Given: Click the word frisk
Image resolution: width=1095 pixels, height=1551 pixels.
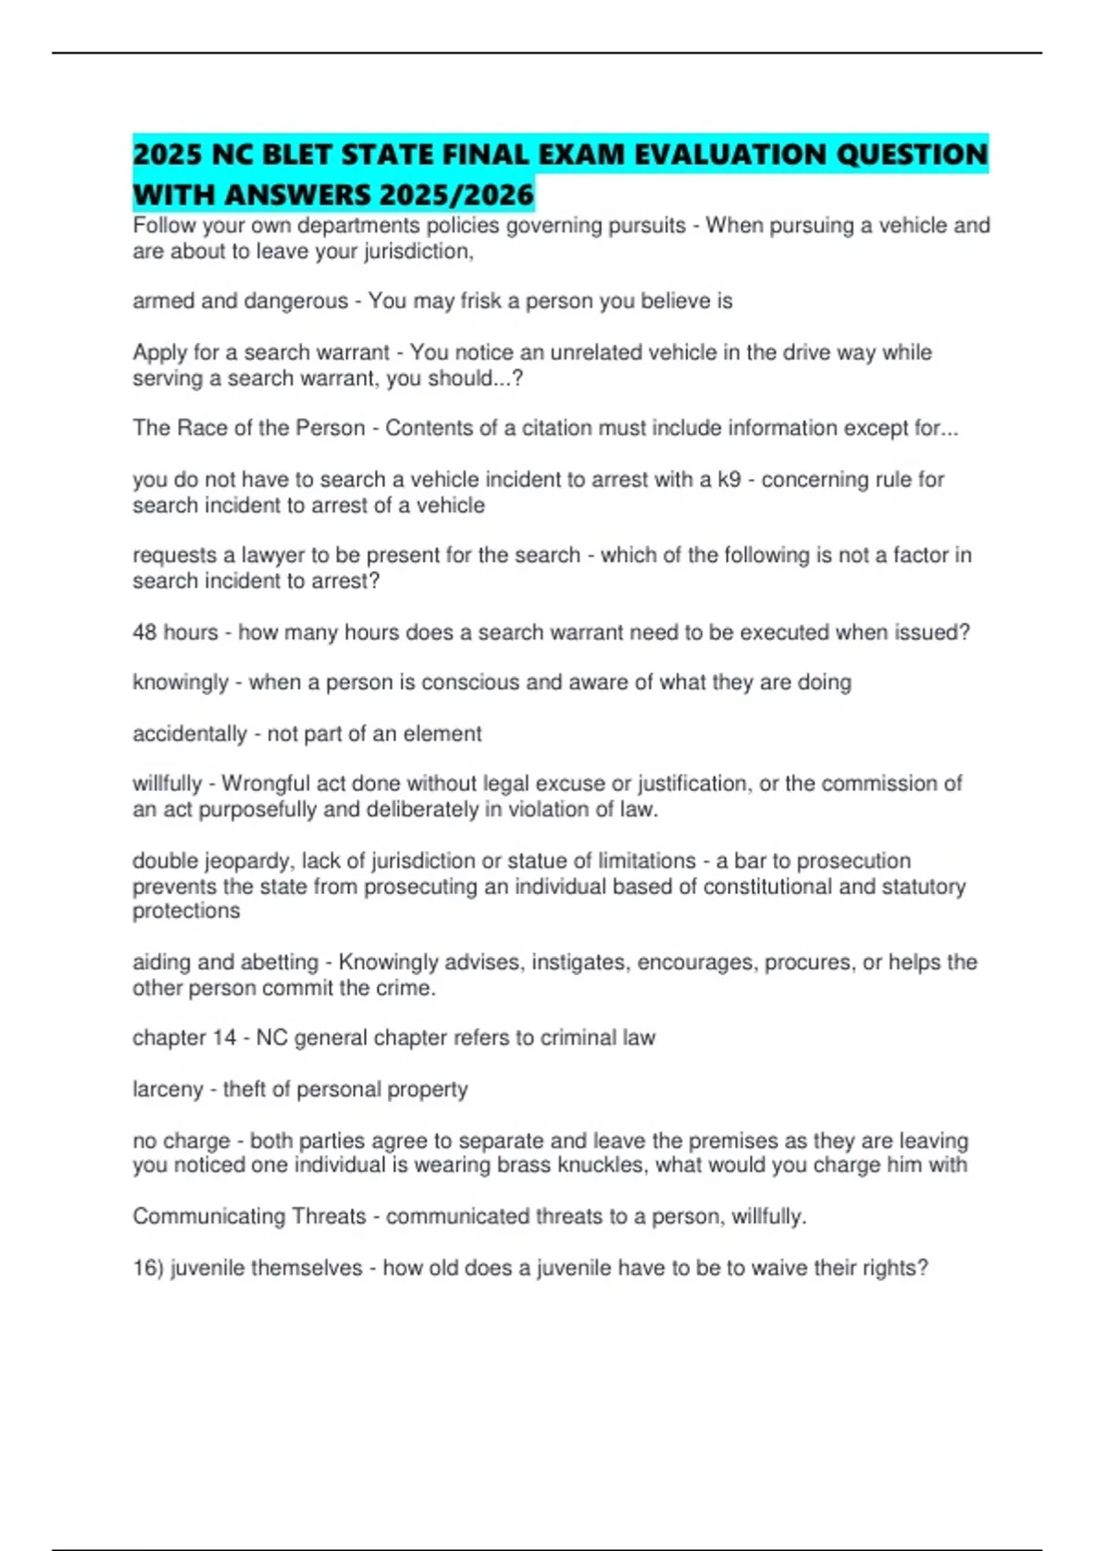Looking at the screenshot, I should pyautogui.click(x=474, y=301).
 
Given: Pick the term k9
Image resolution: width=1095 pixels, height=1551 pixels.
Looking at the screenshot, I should pyautogui.click(x=728, y=480).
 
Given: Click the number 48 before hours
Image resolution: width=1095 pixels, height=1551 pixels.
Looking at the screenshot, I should pyautogui.click(x=145, y=632).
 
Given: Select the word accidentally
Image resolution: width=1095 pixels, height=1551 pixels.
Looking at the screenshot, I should pyautogui.click(x=190, y=734).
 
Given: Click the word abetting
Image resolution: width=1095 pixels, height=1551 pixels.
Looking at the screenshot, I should pyautogui.click(x=279, y=963).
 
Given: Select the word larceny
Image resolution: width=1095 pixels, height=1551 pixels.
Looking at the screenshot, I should pyautogui.click(x=168, y=1089).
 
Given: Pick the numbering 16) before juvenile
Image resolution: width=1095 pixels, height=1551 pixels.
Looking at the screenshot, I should pyautogui.click(x=148, y=1268).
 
